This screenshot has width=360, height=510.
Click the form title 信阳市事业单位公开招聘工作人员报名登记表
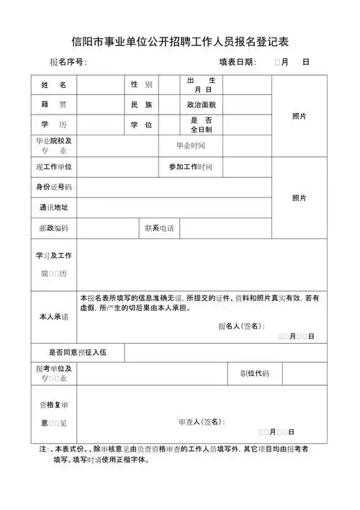[180, 41]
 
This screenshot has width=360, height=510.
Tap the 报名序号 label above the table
[68, 62]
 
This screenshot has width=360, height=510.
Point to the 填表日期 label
[237, 62]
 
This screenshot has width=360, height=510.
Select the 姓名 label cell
[54, 85]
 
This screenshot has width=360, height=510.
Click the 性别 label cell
[141, 85]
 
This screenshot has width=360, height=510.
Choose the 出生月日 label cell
[202, 85]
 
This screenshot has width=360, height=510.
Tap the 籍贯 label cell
[54, 105]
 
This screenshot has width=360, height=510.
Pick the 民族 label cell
[141, 105]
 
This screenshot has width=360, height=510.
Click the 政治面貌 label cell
[201, 105]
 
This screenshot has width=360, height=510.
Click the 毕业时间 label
[191, 146]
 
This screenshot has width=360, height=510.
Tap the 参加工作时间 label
[191, 167]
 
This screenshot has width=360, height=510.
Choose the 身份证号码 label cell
[54, 187]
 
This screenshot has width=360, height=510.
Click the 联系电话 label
[159, 228]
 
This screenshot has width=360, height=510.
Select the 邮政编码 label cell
[54, 228]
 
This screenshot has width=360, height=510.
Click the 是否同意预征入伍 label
[78, 352]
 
